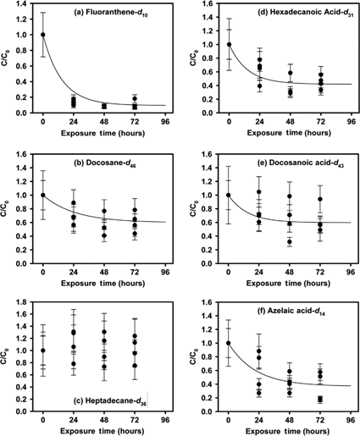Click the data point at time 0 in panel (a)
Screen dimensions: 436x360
(43, 36)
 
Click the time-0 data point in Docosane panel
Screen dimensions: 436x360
(43, 195)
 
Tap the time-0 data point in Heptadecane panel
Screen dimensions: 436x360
(43, 350)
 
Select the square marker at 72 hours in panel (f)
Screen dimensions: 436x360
(320, 399)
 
